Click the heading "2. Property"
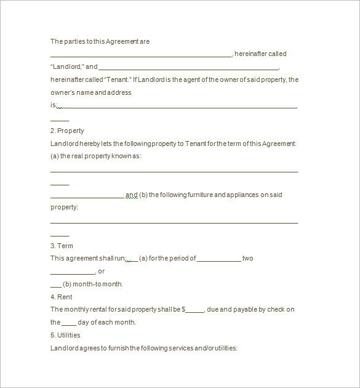[x=67, y=131]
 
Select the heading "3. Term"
[x=62, y=246]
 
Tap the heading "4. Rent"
[x=62, y=297]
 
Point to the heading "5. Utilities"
[x=65, y=335]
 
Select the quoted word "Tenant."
[x=116, y=79]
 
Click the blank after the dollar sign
[x=195, y=310]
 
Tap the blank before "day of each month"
[x=69, y=323]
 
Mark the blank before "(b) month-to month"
[x=55, y=285]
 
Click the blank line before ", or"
[x=73, y=272]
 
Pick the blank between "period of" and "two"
[x=219, y=259]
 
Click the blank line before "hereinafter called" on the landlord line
[x=141, y=55]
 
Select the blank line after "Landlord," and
[x=188, y=67]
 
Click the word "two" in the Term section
[x=247, y=259]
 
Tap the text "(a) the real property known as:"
[x=96, y=156]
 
